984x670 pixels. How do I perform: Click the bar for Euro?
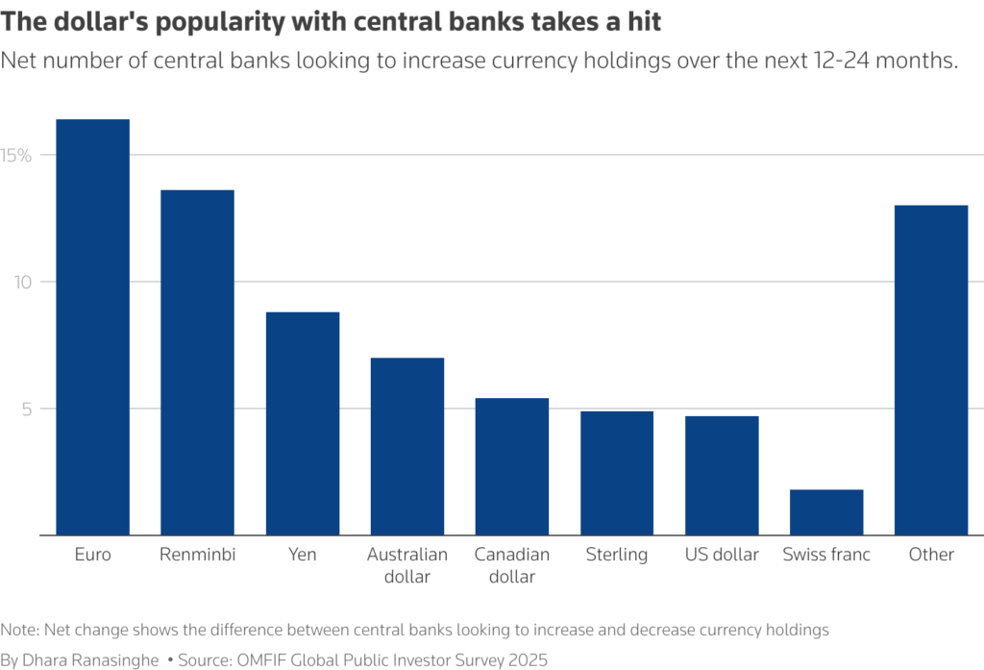point(92,327)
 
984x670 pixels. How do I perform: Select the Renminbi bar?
point(197,362)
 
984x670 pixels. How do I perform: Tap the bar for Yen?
point(303,423)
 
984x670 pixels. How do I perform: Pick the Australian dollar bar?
point(407,446)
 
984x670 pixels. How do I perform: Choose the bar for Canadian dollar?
point(512,466)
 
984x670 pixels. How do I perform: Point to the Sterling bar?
point(617,473)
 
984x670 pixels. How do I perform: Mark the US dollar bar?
point(722,475)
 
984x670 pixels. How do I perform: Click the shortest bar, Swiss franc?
point(826,512)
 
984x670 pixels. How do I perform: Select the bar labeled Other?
point(931,370)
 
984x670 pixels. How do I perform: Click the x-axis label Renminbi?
point(197,555)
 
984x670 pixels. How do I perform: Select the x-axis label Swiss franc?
point(826,555)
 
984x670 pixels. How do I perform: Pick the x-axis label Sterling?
point(617,555)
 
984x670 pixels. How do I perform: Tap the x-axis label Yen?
point(303,555)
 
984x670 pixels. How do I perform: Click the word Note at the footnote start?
point(18,630)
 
